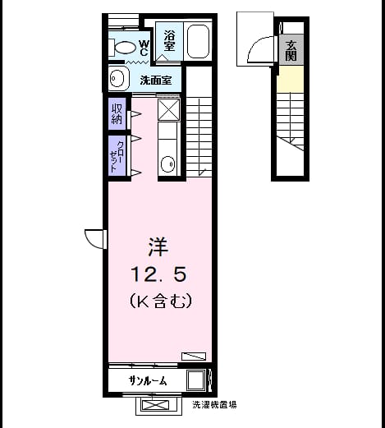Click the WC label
tap(144, 48)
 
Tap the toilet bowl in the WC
tap(126, 48)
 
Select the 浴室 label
tap(169, 40)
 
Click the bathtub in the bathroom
tap(199, 41)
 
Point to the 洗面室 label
tap(156, 81)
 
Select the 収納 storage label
tap(117, 113)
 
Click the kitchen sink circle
tap(167, 163)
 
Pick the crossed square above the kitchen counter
tap(169, 109)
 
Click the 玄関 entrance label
tap(291, 51)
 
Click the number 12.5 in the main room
tap(158, 274)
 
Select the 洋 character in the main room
tap(158, 246)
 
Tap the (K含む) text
tap(160, 301)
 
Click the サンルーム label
tap(148, 380)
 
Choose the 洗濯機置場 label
tap(214, 405)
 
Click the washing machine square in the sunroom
tap(196, 380)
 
